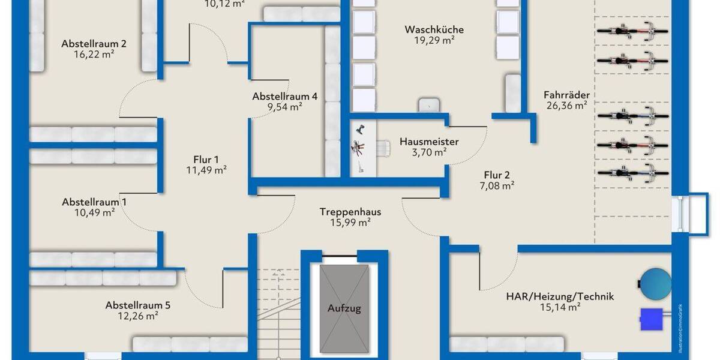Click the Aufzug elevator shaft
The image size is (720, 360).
tap(344, 308)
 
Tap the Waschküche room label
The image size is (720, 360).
tap(434, 29)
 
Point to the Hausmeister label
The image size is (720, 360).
tap(429, 142)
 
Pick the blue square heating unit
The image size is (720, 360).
tap(650, 319)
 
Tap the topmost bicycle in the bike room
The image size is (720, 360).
tap(632, 32)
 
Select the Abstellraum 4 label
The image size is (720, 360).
tap(284, 96)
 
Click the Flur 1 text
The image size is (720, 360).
tap(205, 160)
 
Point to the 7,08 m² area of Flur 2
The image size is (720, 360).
tap(497, 186)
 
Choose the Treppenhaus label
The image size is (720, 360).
tap(350, 211)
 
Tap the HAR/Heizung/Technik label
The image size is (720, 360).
tap(560, 296)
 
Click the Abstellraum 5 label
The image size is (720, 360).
tap(138, 305)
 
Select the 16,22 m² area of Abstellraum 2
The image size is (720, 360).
tap(94, 54)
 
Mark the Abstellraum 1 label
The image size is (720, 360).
tap(94, 202)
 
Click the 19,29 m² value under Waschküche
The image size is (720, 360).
tap(434, 40)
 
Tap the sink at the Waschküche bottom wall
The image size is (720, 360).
tap(428, 104)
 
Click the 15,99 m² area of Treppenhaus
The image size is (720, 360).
tap(350, 222)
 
